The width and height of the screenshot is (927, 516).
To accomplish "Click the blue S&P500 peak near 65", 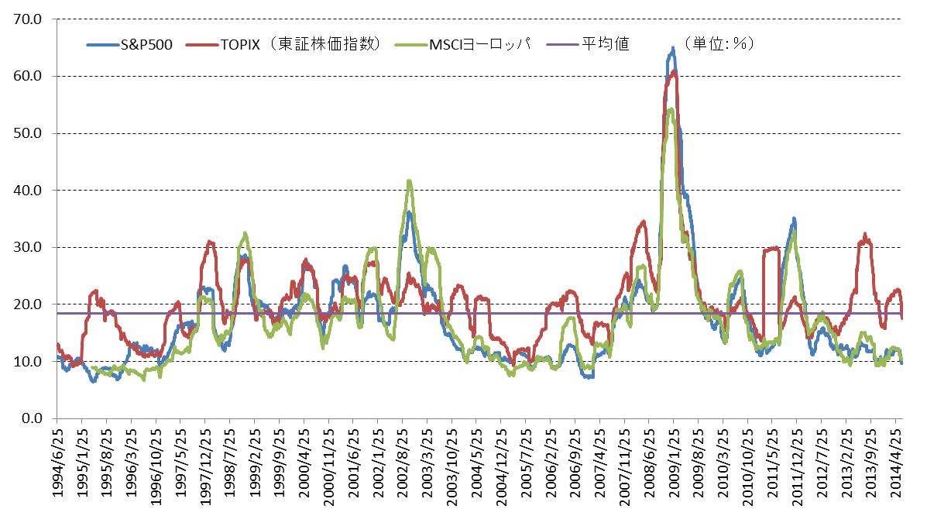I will click(672, 48).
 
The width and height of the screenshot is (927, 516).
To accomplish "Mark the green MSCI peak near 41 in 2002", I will click(409, 181).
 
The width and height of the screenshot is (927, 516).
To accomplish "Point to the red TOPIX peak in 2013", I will click(865, 234).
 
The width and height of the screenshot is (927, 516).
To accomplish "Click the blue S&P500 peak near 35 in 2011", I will click(794, 219).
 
